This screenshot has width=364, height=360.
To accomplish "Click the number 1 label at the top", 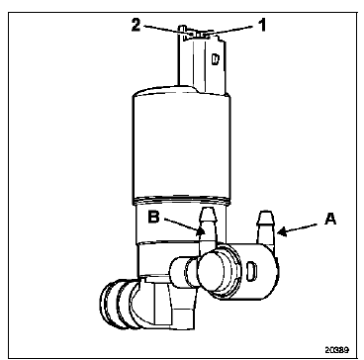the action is coord(262,26).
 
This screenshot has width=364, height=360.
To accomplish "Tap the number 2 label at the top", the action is coord(136,25).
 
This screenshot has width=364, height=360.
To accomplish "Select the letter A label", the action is coord(330,219).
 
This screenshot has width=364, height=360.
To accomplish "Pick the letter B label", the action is coord(154,218).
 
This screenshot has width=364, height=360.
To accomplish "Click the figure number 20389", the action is coord(336,349).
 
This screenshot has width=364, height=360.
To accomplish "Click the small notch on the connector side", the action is coord(215,59).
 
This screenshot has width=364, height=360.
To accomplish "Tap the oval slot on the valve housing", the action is coord(251,271).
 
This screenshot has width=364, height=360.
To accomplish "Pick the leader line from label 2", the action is coord(165,30).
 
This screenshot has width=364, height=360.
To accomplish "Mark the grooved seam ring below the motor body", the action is coord(181,200).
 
